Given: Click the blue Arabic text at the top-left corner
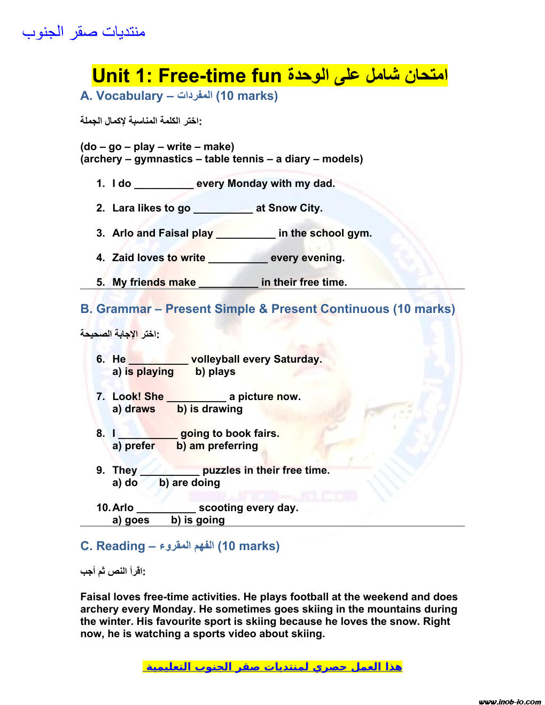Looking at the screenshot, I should coord(83,32).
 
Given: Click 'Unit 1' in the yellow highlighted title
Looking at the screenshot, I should coord(118,76).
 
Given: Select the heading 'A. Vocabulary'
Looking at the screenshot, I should coord(121,96).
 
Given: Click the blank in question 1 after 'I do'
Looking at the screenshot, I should coord(163,184).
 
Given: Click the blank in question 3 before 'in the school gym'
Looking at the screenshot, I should coord(245,234).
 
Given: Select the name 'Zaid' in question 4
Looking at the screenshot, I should coord(123,258).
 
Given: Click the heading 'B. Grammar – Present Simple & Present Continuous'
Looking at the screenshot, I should coord(267,309).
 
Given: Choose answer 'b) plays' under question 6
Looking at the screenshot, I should coord(215,372).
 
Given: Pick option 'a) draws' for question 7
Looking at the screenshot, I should coord(134,409).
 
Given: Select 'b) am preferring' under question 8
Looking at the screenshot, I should coord(217,446).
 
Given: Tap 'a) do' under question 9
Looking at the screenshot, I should coord(125,483).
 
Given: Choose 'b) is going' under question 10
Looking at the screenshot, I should coord(198,520).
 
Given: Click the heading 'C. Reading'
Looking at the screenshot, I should coord(112,546).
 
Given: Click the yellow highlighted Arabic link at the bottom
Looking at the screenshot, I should coord(272,667).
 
